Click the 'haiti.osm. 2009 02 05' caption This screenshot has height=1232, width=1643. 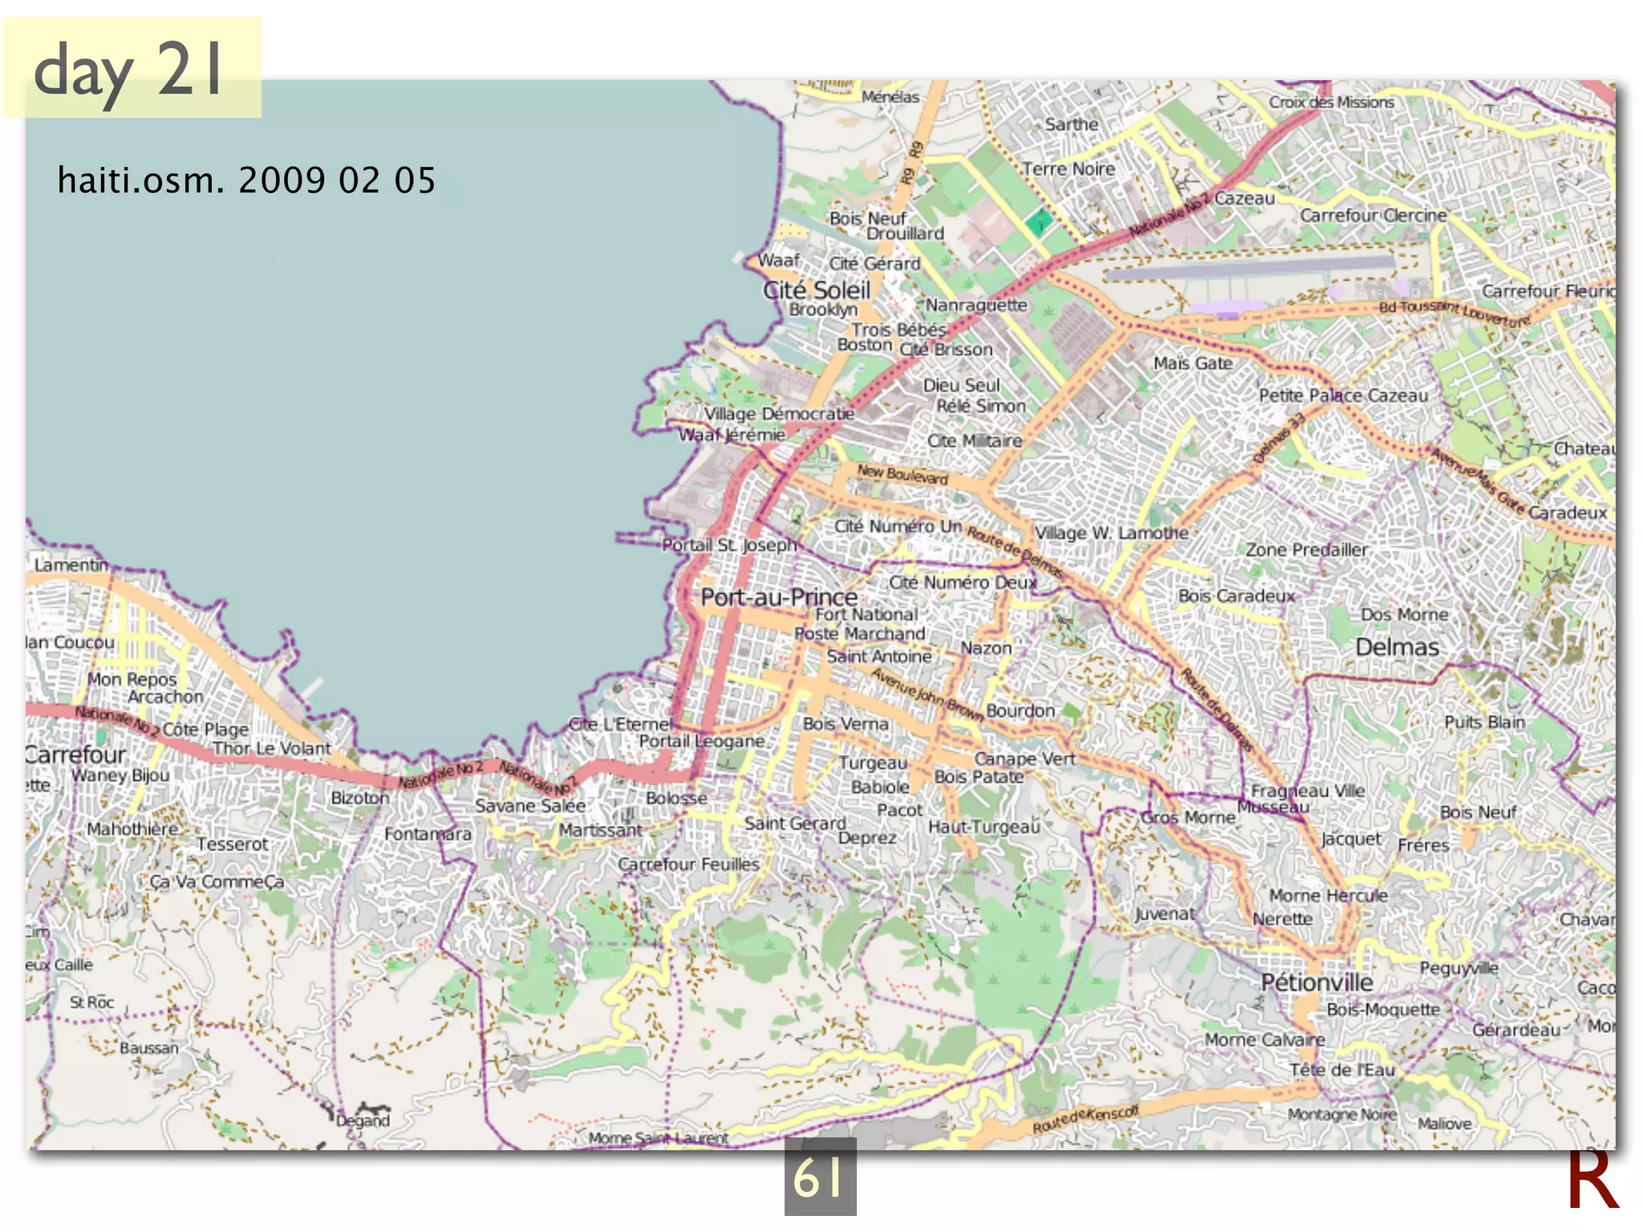tap(246, 180)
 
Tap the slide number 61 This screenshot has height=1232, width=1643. tap(819, 1177)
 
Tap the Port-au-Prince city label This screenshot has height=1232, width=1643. tap(778, 598)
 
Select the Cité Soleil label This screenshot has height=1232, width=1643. tap(816, 290)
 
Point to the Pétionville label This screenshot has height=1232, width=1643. tap(1316, 983)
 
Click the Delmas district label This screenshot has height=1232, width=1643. tap(1397, 647)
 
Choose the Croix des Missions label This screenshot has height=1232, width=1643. tap(1331, 103)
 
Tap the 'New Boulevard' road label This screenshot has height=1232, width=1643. tap(903, 474)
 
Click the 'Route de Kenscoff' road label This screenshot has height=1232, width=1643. tap(1085, 1119)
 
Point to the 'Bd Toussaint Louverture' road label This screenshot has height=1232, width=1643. tap(1454, 313)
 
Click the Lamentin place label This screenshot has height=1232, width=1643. tap(71, 565)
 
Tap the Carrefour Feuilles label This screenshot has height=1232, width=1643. tap(688, 865)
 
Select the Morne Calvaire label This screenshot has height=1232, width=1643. tap(1264, 1039)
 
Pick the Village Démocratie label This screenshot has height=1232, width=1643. tap(778, 414)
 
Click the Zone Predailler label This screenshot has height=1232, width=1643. tap(1306, 549)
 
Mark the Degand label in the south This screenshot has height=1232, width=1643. tap(363, 1121)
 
